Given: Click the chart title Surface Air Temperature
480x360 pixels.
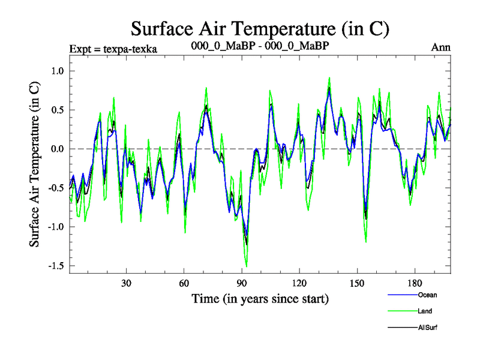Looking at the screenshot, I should tap(260, 28).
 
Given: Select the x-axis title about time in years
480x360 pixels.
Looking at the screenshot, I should tap(260, 298).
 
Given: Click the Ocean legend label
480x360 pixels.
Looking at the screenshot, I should tap(427, 295).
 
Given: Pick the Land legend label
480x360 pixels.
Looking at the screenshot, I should tap(425, 311).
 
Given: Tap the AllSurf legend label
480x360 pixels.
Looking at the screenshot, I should tap(428, 328).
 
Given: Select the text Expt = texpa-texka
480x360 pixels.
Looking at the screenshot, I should tap(113, 49).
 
